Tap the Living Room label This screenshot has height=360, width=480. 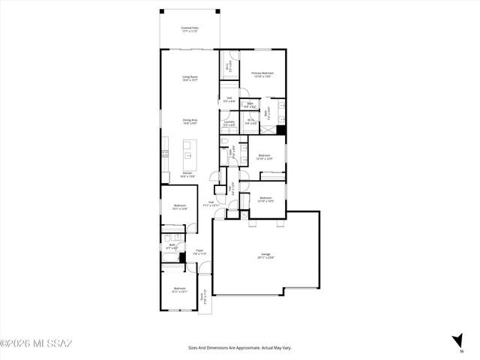pyautogui.click(x=190, y=78)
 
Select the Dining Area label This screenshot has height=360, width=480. pyautogui.click(x=190, y=121)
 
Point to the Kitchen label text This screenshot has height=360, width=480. pyautogui.click(x=188, y=175)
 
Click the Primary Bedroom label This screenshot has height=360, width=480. pyautogui.click(x=262, y=74)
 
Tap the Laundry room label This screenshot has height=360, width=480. pyautogui.click(x=229, y=123)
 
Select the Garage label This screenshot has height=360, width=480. pyautogui.click(x=266, y=256)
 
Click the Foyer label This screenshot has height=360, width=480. pyautogui.click(x=199, y=252)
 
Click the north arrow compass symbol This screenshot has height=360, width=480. pyautogui.click(x=457, y=342)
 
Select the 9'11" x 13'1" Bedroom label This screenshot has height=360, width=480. pyautogui.click(x=179, y=289)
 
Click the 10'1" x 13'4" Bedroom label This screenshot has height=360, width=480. pyautogui.click(x=180, y=207)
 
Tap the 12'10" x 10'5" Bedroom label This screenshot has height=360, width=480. pyautogui.click(x=265, y=199)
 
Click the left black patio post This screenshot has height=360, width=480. pyautogui.click(x=161, y=11)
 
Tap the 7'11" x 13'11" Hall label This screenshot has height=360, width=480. pyautogui.click(x=211, y=202)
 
